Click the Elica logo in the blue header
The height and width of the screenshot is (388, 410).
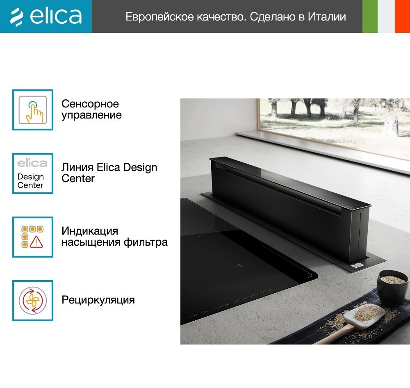click(46, 16)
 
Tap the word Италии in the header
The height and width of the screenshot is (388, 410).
click(327, 17)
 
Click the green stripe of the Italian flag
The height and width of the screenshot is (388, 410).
click(370, 16)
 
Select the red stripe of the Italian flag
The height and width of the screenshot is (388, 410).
click(403, 16)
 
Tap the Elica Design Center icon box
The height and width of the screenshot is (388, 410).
click(33, 173)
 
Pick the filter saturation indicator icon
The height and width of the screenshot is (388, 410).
click(33, 237)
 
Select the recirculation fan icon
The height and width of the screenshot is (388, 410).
click(33, 301)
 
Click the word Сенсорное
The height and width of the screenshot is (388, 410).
click(90, 104)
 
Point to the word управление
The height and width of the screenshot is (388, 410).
click(91, 115)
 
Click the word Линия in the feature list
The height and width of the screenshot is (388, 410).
click(77, 167)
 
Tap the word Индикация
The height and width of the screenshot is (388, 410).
click(90, 231)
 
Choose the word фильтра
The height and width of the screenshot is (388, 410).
click(146, 242)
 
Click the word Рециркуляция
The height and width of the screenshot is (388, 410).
click(98, 300)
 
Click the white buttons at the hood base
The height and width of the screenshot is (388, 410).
click(357, 265)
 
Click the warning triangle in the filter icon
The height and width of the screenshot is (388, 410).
click(36, 242)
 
